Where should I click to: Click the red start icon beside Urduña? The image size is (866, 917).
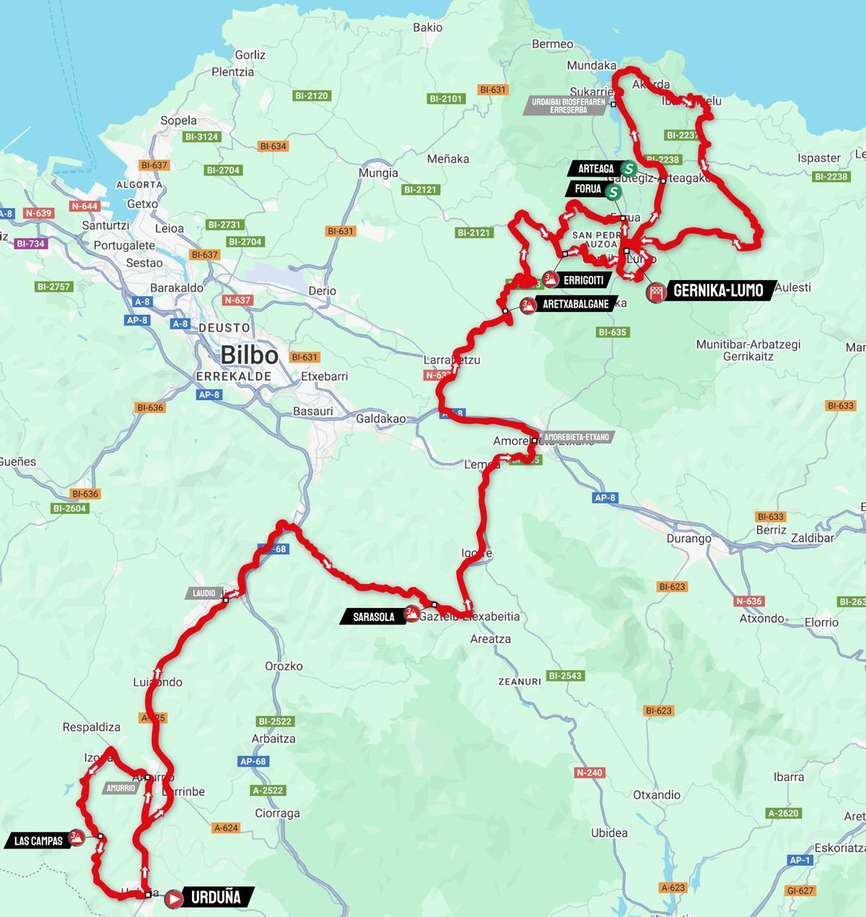coord(174,898)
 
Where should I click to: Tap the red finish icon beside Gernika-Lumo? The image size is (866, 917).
coord(656,293)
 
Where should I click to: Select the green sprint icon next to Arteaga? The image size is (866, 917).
coord(629,169)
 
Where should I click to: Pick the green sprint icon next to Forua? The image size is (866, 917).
coord(613,192)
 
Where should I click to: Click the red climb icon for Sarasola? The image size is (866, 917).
coord(411,614)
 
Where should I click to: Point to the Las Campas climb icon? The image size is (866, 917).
coord(76,838)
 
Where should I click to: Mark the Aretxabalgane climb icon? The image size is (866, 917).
coord(528,305)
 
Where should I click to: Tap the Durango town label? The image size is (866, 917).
coord(688,539)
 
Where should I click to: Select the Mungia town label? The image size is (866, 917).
coord(378,173)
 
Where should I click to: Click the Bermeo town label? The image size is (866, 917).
coord(552,44)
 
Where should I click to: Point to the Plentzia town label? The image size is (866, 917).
coord(232,72)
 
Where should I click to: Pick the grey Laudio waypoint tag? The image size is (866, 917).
coord(204,594)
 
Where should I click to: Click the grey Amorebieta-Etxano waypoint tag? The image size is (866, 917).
coord(577,437)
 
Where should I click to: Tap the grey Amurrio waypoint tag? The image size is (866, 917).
coord(121,788)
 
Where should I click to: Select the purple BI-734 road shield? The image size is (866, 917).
coord(30,243)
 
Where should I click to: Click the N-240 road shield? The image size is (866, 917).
coord(589,773)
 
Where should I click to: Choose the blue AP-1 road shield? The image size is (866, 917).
coord(800,860)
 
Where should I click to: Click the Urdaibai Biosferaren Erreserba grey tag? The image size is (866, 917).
coord(568,105)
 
